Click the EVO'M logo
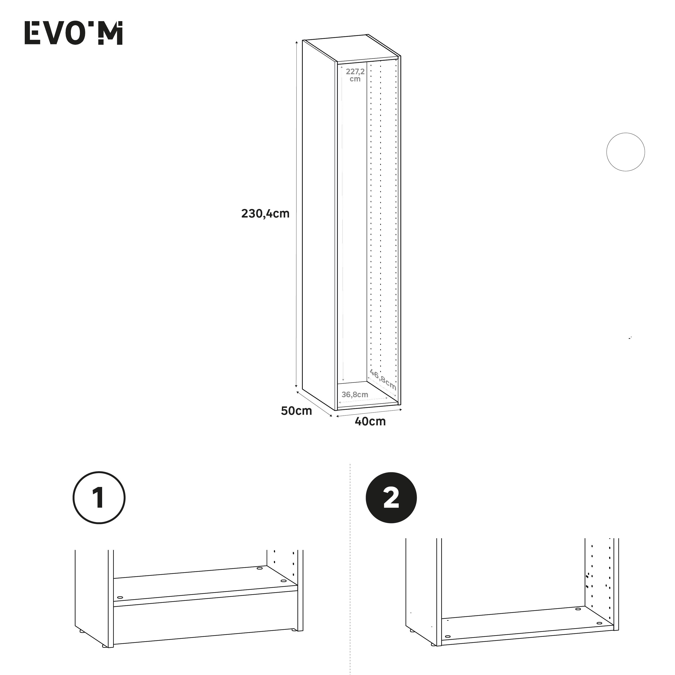[x=73, y=33]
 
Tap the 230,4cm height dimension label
[x=265, y=213]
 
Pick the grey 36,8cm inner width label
[x=355, y=395]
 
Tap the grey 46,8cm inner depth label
[x=383, y=379]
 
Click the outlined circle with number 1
[x=99, y=498]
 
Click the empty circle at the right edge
[x=625, y=152]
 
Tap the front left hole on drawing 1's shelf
[x=120, y=598]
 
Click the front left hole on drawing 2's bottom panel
[x=448, y=637]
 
